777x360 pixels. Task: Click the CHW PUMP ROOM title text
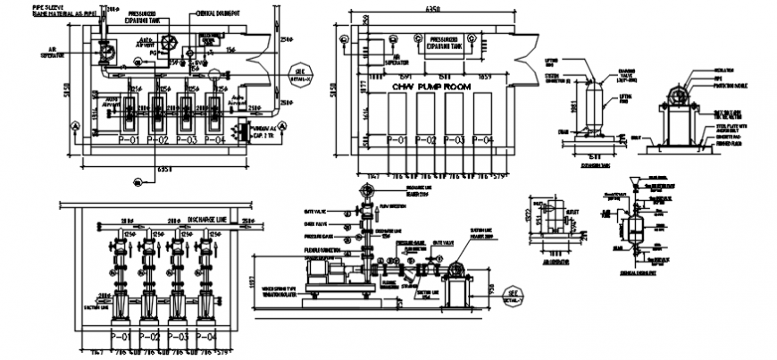point(431,87)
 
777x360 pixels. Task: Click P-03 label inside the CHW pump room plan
point(455,140)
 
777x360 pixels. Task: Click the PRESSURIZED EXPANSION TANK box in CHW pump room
point(444,44)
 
